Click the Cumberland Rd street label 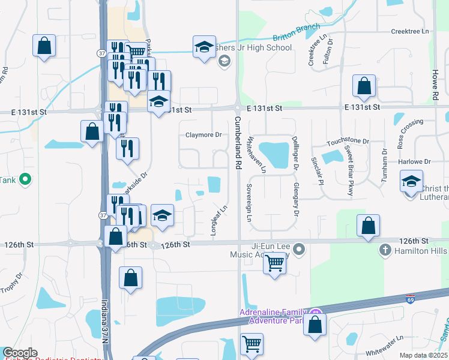click(237, 140)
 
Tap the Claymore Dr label click(204, 135)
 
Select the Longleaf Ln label click(219, 222)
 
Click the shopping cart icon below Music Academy click(274, 262)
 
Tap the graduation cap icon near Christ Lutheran click(411, 181)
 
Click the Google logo click(20, 353)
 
